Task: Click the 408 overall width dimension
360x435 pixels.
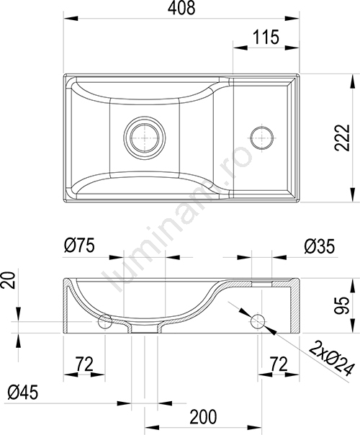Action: pyautogui.click(x=181, y=8)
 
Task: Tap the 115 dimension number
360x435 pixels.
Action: pyautogui.click(x=266, y=37)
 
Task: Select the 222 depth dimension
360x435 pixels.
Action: pyautogui.click(x=342, y=138)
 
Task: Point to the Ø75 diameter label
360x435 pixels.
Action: pyautogui.click(x=79, y=246)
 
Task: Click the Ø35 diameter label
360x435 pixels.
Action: pyautogui.click(x=319, y=246)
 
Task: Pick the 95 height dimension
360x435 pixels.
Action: pyautogui.click(x=341, y=305)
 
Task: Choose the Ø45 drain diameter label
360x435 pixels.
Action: pyautogui.click(x=22, y=393)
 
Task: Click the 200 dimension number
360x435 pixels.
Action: pyautogui.click(x=203, y=417)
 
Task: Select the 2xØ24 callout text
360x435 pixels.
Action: pyautogui.click(x=332, y=359)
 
